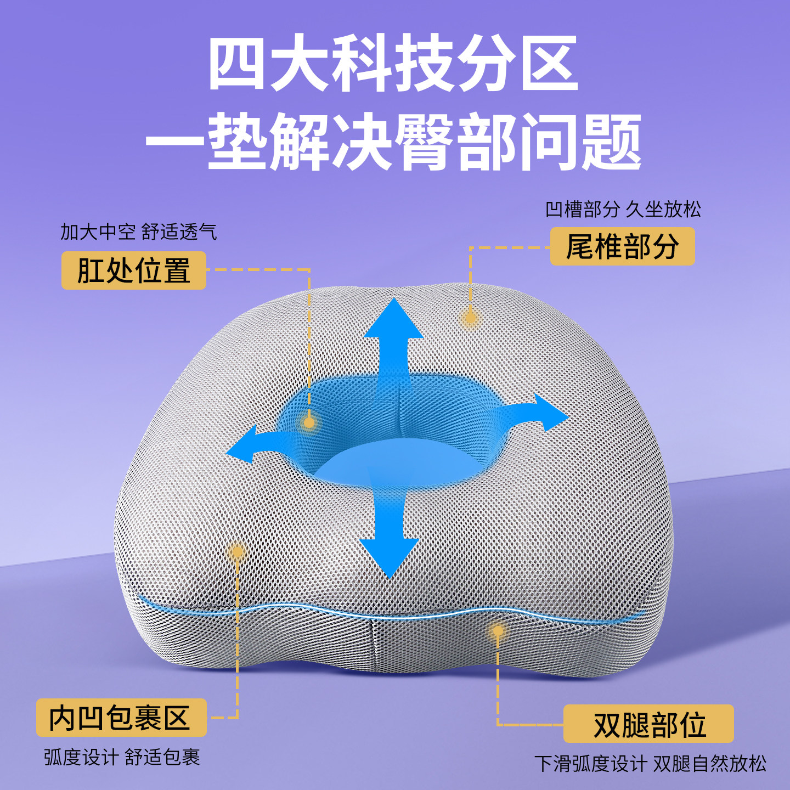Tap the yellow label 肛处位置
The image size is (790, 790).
(133, 270)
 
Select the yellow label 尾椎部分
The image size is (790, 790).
(622, 246)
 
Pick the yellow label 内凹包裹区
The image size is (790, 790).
(121, 718)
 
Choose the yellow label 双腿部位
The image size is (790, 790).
(648, 724)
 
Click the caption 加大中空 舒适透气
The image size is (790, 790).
(139, 232)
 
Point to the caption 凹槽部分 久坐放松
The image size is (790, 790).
(623, 209)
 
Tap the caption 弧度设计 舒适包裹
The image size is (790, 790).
(122, 757)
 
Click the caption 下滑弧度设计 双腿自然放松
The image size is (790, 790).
(650, 763)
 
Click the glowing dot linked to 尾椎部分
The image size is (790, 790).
(470, 318)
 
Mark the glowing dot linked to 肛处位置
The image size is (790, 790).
(309, 422)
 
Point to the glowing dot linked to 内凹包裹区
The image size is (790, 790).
(237, 552)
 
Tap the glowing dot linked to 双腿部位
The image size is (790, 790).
(498, 631)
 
